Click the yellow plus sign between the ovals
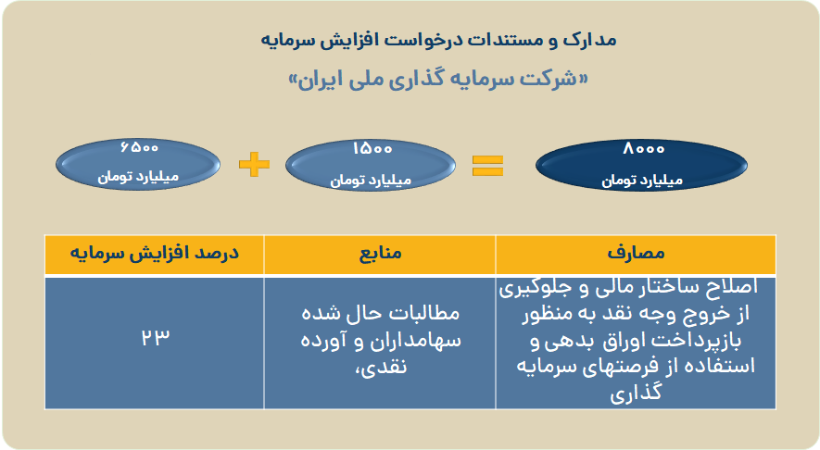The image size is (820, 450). [x=254, y=165]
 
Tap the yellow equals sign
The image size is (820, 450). [x=487, y=166]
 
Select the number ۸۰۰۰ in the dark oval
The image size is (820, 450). [x=643, y=149]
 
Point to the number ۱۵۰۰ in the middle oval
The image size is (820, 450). [x=372, y=149]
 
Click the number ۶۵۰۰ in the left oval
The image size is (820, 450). [x=139, y=147]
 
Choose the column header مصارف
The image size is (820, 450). [x=636, y=254]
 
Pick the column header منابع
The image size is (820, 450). [x=380, y=254]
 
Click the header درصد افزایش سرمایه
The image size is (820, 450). [x=155, y=254]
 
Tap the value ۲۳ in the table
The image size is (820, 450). [x=156, y=337]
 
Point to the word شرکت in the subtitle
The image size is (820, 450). [x=549, y=79]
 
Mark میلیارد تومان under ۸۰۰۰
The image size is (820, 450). [x=642, y=181]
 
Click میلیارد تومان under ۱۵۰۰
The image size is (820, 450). [x=371, y=181]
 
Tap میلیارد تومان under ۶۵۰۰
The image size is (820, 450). [x=139, y=177]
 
